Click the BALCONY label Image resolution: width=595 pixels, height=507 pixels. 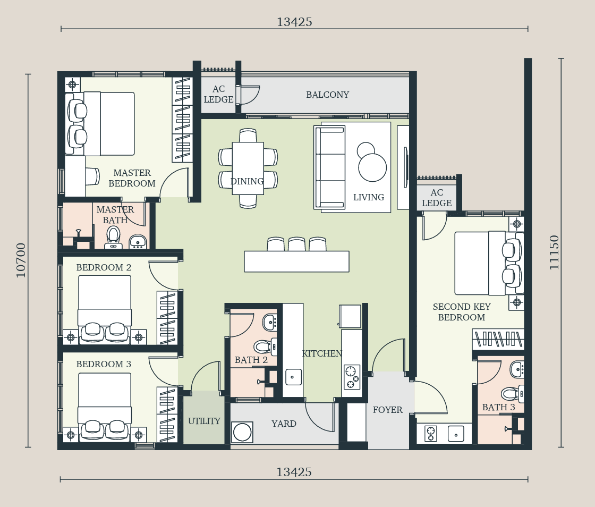click(x=327, y=95)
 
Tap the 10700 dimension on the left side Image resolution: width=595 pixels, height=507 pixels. click(x=21, y=260)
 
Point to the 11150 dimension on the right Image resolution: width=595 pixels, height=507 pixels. click(x=555, y=252)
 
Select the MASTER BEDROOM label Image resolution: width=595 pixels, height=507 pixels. click(x=132, y=178)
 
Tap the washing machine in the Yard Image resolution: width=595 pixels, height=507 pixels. click(x=242, y=432)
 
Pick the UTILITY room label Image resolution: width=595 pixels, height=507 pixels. click(x=204, y=421)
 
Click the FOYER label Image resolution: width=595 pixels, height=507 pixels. click(x=387, y=410)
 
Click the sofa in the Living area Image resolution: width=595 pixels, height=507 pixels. click(x=330, y=167)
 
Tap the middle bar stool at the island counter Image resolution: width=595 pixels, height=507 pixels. click(x=297, y=244)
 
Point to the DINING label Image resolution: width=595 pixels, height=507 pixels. click(x=247, y=181)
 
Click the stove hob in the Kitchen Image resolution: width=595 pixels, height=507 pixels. click(x=351, y=377)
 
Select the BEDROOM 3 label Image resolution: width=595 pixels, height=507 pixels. click(x=104, y=364)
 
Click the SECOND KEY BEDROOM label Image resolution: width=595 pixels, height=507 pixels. click(x=462, y=312)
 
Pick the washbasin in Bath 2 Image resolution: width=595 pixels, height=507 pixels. click(x=270, y=322)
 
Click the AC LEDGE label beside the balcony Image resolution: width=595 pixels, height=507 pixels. click(x=218, y=94)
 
